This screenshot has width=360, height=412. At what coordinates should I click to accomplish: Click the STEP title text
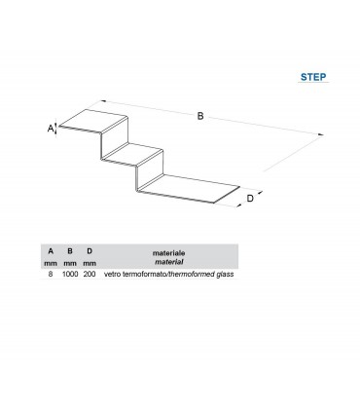point(313,77)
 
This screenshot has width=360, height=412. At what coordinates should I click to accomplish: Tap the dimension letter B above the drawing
point(200,116)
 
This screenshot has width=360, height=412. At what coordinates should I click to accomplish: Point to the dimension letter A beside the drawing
point(51,129)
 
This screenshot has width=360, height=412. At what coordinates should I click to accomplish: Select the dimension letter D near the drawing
point(250,198)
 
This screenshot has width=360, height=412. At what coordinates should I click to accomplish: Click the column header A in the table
point(51,251)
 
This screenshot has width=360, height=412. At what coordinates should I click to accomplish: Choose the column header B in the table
point(70,251)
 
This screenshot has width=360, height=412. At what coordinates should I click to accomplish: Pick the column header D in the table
point(90,251)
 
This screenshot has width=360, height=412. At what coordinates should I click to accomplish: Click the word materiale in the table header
point(168,253)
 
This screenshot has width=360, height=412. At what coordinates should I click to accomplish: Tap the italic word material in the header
point(168,262)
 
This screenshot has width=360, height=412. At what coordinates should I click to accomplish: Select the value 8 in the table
point(51,274)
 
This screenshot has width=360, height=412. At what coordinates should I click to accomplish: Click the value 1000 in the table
point(70,274)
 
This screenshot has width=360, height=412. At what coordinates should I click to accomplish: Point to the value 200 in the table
point(90,274)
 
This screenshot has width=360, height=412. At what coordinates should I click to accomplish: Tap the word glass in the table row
point(225,274)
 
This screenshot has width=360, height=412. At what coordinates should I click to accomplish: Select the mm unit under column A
point(51,263)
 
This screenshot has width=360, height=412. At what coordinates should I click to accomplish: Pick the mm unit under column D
point(90,263)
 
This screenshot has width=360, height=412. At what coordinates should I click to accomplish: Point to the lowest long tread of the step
point(189,188)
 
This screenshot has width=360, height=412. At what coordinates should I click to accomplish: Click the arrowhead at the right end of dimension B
point(321,134)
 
